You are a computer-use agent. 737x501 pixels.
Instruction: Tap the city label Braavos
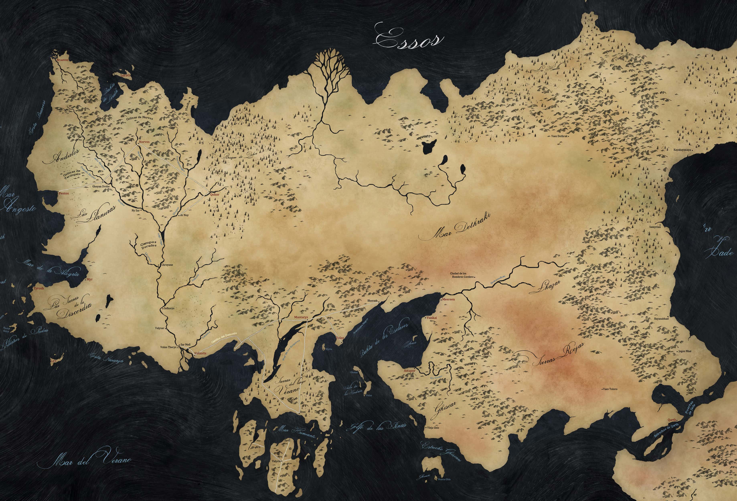pos(63,60)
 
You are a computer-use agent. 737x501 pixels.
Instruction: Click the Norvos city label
pos(144,142)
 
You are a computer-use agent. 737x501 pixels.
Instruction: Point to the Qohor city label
pos(215,195)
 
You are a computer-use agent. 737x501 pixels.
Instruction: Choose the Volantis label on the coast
pos(200,353)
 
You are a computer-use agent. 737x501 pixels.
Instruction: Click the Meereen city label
pos(448,299)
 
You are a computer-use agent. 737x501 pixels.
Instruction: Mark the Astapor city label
pos(409,371)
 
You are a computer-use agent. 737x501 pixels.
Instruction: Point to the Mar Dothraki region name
pos(455,227)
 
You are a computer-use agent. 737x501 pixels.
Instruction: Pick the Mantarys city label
pos(299,317)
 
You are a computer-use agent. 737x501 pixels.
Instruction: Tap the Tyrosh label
pos(39,288)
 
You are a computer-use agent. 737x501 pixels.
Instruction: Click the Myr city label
pos(90,280)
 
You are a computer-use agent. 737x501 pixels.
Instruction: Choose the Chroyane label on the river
pos(167,265)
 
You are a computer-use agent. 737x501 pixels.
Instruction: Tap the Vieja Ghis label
pos(433,427)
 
